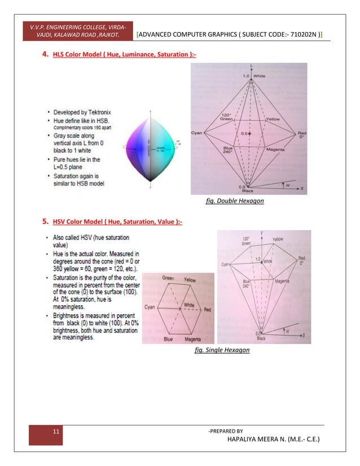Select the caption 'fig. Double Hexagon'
tap(234, 201)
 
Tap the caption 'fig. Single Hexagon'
tap(221, 350)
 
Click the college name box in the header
tap(81, 32)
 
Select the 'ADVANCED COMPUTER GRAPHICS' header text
tap(230, 36)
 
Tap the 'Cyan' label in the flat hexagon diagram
tap(150, 307)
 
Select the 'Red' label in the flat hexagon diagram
tap(207, 310)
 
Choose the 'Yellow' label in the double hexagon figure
tap(273, 119)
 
